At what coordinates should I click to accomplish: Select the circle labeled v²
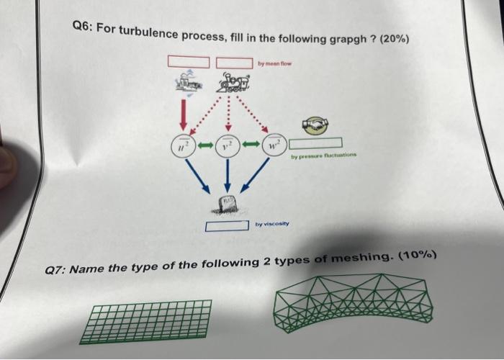pos(227,146)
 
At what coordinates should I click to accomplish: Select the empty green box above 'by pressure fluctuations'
pos(315,143)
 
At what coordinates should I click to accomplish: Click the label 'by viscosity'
pos(272,224)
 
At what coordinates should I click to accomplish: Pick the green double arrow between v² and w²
pos(251,145)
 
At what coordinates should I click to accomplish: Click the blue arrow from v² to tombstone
pos(227,176)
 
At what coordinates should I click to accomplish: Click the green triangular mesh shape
pos(352,302)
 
